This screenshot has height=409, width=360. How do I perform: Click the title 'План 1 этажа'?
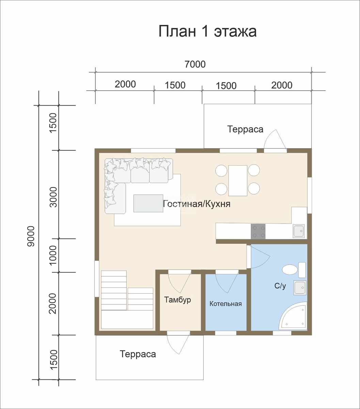[207, 31]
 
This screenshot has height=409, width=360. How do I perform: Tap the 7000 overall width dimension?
[195, 64]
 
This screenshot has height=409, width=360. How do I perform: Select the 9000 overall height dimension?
[31, 236]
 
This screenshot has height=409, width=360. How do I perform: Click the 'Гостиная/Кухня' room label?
[197, 204]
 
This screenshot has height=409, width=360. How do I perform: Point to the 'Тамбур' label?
[177, 300]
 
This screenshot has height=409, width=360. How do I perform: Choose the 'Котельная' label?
[225, 304]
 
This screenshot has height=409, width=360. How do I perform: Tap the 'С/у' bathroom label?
[280, 286]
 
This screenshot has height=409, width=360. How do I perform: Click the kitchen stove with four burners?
[258, 231]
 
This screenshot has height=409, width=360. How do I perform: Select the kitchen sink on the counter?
[299, 231]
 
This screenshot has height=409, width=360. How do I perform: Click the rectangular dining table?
[238, 181]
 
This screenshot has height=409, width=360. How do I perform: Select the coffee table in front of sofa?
[148, 203]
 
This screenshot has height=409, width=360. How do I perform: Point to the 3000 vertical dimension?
[53, 197]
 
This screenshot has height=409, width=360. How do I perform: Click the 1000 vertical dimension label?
[53, 255]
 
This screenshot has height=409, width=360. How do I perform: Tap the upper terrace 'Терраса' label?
[245, 129]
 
